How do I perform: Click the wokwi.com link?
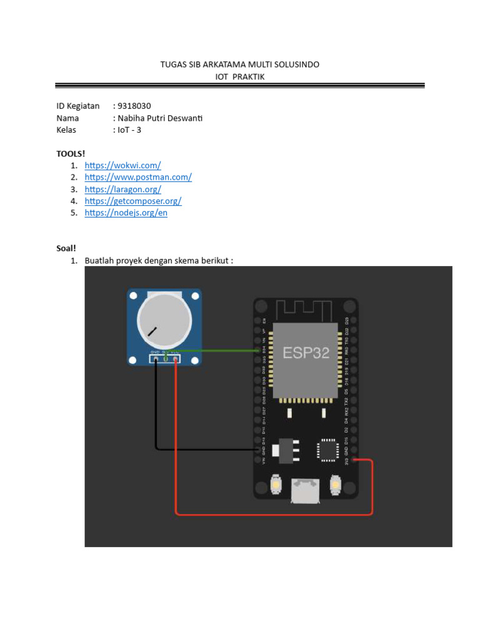[x=122, y=165]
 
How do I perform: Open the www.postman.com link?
[x=138, y=177]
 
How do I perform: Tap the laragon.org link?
[x=122, y=189]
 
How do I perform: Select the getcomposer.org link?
[x=133, y=201]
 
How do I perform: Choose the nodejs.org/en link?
[x=126, y=213]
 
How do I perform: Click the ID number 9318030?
[x=134, y=106]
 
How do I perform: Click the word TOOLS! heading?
[x=70, y=153]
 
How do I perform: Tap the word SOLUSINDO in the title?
[x=294, y=64]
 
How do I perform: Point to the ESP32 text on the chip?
[x=306, y=352]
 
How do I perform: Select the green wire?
[x=219, y=351]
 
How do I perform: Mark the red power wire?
[x=275, y=514]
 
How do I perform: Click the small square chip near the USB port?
[x=327, y=449]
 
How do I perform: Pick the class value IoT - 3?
[x=129, y=130]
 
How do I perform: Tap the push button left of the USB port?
[x=275, y=485]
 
